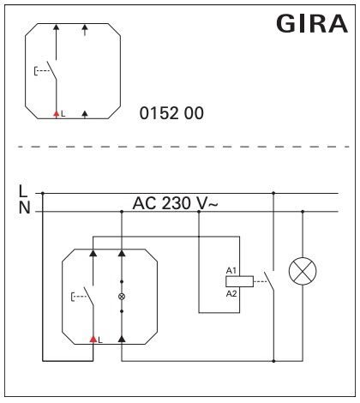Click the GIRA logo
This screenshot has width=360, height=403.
pyautogui.click(x=312, y=24)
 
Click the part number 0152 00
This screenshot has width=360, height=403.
pyautogui.click(x=171, y=113)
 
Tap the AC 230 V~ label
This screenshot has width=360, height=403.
pyautogui.click(x=176, y=203)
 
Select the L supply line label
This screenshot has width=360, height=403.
pyautogui.click(x=23, y=191)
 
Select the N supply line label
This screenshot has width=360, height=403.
pyautogui.click(x=24, y=208)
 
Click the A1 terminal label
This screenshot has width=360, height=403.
pyautogui.click(x=231, y=270)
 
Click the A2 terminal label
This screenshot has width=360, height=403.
pyautogui.click(x=231, y=293)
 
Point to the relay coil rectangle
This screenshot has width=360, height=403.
pyautogui.click(x=239, y=281)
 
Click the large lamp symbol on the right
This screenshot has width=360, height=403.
pyautogui.click(x=303, y=271)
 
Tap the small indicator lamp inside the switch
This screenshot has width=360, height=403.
pyautogui.click(x=122, y=297)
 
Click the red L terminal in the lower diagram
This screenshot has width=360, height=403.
pyautogui.click(x=93, y=340)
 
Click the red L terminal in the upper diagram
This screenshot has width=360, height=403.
pyautogui.click(x=57, y=114)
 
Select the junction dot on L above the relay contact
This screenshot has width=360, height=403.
pyautogui.click(x=273, y=193)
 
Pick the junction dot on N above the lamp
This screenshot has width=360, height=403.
pyautogui.click(x=303, y=212)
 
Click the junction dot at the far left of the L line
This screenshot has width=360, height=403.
pyautogui.click(x=43, y=193)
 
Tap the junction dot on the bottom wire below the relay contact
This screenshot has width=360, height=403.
pyautogui.click(x=273, y=361)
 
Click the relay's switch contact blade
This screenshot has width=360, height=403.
pyautogui.click(x=269, y=281)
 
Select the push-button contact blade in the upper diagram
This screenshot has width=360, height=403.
pyautogui.click(x=51, y=71)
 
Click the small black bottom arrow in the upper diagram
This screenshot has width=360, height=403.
pyautogui.click(x=85, y=114)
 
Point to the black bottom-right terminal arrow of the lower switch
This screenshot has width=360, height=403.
pyautogui.click(x=122, y=339)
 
